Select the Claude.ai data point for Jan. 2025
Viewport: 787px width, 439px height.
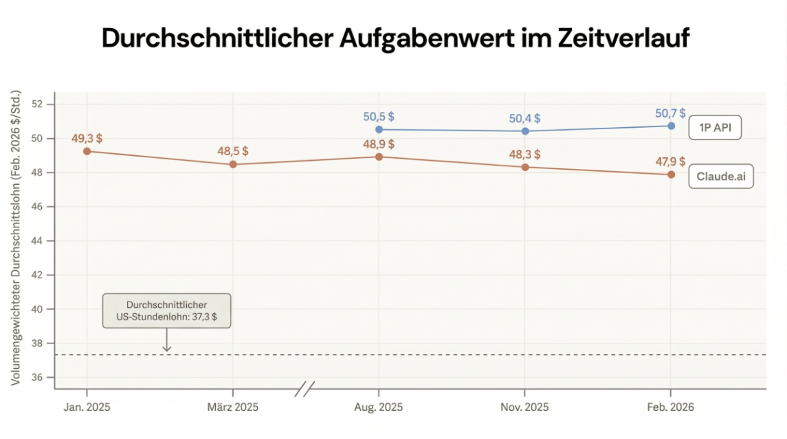pos(87,151)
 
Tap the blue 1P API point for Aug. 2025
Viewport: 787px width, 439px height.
pos(379,129)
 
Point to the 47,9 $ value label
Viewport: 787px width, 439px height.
pos(672,161)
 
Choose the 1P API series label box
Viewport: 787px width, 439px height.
pos(715,128)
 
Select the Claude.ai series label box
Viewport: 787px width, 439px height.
pos(720,177)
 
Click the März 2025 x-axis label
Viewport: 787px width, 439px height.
pos(233,407)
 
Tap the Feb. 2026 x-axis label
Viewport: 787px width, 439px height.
pos(671,407)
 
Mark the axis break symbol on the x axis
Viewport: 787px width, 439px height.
pos(304,390)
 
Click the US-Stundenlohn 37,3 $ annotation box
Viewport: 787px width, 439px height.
pos(166,311)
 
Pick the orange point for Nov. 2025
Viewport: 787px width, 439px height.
pos(525,167)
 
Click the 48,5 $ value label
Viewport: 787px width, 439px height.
pos(233,151)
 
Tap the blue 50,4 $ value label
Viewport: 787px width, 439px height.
pos(525,118)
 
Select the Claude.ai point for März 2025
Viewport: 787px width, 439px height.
pos(233,164)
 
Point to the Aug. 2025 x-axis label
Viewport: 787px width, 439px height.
pos(379,407)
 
